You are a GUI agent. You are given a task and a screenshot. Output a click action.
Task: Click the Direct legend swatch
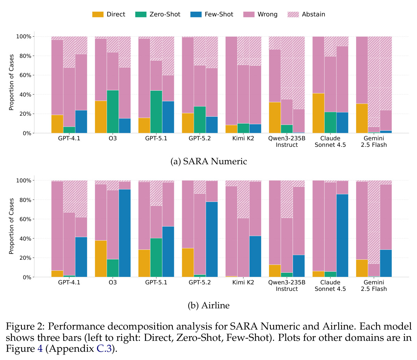(x=98, y=14)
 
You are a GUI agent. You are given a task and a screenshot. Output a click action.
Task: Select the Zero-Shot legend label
(x=165, y=14)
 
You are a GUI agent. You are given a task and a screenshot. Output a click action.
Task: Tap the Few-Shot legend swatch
(x=196, y=14)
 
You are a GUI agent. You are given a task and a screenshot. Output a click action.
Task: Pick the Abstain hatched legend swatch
(x=293, y=14)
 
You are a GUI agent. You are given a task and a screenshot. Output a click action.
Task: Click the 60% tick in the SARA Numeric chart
(x=25, y=75)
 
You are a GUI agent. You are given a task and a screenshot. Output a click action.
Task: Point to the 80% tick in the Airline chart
(x=25, y=200)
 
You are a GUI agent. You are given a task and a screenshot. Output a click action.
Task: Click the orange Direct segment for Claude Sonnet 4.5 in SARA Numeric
(x=318, y=113)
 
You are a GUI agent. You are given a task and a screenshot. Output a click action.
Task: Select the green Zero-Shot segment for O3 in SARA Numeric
(x=113, y=112)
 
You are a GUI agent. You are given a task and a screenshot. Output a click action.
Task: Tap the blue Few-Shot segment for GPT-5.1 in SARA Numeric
(x=168, y=117)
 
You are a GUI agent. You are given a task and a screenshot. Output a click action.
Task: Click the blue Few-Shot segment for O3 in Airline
(x=125, y=233)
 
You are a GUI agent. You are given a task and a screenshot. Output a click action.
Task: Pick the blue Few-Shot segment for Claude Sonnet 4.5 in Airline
(x=342, y=235)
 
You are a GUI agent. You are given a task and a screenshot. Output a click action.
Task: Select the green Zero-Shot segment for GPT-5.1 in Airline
(x=156, y=258)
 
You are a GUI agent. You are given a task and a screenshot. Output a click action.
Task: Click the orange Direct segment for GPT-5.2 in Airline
(x=188, y=262)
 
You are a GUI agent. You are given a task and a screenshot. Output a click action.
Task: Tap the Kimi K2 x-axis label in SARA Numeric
(x=243, y=138)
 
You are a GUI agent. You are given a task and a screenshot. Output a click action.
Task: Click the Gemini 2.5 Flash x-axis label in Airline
(x=374, y=285)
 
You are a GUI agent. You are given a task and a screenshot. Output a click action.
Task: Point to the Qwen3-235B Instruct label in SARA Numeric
(x=287, y=142)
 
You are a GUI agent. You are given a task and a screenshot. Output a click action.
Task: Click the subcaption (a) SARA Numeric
(x=209, y=162)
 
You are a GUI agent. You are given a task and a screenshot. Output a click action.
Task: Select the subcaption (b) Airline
(x=209, y=305)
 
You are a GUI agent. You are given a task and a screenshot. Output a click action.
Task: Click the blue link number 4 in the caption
(x=40, y=348)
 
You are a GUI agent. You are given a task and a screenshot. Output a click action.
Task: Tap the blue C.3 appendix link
(x=104, y=348)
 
